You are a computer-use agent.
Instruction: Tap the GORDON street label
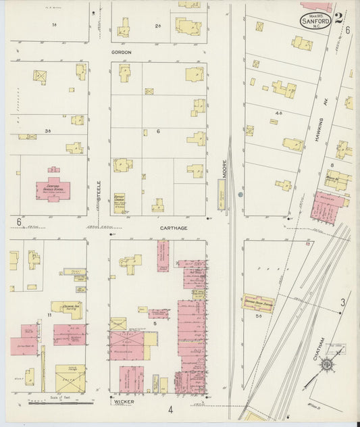[x=122, y=52]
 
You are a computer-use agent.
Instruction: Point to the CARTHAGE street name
[x=174, y=228]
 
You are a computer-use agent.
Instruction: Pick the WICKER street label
[x=124, y=401]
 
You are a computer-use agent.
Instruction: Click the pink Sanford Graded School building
[x=48, y=187]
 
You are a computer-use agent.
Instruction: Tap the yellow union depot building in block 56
[x=259, y=303]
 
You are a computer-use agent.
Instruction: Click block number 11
[x=49, y=315]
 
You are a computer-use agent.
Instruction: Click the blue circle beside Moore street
[x=241, y=195]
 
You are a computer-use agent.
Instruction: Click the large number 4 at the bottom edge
[x=171, y=409]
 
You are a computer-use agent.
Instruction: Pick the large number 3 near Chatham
[x=342, y=302]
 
